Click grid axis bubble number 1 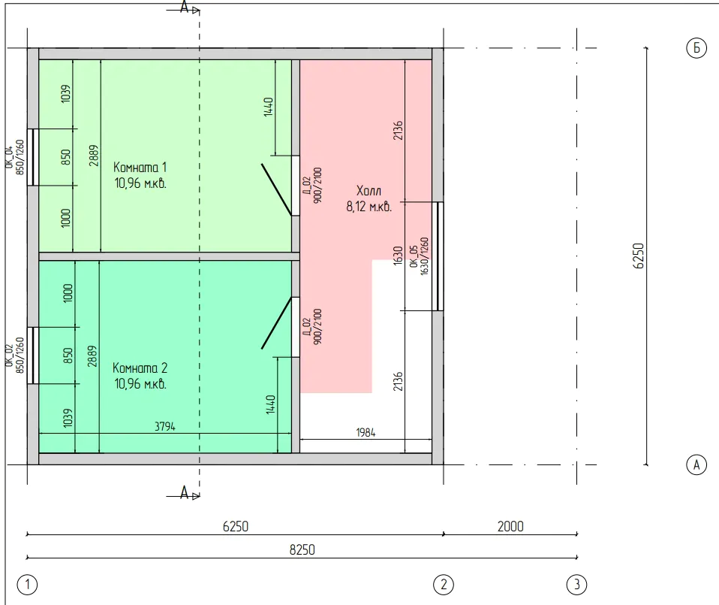[x=27, y=585]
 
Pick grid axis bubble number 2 [x=444, y=585]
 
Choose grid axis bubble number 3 [x=576, y=585]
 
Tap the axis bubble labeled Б [x=696, y=48]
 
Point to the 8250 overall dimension [x=302, y=549]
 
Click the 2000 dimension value [x=510, y=526]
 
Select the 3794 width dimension [x=164, y=426]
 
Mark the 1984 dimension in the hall [x=366, y=432]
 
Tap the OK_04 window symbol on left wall [x=32, y=157]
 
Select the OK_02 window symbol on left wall [x=32, y=355]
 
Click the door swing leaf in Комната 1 [x=276, y=189]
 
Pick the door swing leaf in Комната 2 [x=276, y=323]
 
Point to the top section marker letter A [x=184, y=7]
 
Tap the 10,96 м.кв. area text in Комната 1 [x=140, y=183]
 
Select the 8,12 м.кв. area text [x=369, y=207]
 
